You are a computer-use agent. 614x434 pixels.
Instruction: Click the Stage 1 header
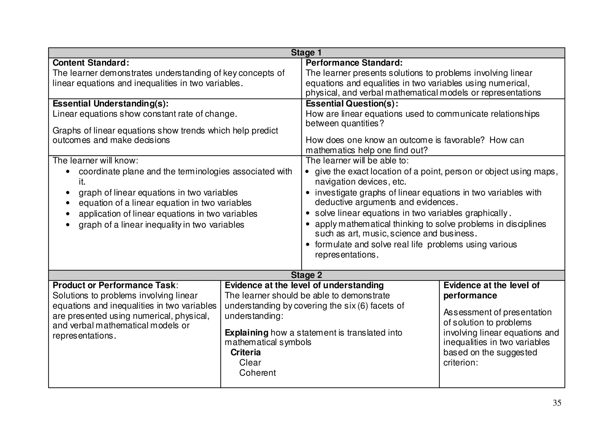point(306,52)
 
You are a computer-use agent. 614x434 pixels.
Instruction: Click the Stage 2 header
point(306,275)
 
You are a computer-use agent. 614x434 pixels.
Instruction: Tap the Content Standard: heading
point(91,63)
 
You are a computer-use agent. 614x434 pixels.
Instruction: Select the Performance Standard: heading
point(354,63)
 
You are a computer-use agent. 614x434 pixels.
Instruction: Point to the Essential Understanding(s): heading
point(111,103)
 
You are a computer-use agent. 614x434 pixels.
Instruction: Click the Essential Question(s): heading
point(352,103)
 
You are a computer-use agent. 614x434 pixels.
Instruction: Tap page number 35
point(557,403)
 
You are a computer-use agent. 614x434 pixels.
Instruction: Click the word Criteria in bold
point(246,352)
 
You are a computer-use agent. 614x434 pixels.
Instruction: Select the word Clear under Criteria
point(250,363)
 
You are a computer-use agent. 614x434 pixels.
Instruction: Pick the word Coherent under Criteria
point(257,373)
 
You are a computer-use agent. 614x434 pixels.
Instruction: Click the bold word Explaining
point(246,333)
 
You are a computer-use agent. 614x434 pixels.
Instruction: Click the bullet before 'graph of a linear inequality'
point(68,225)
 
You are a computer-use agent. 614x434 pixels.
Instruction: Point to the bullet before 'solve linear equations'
point(308,213)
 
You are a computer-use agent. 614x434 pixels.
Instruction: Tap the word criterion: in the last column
point(460,363)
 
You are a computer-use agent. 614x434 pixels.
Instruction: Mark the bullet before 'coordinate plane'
point(68,172)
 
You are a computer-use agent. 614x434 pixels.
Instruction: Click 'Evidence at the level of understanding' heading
point(304,285)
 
